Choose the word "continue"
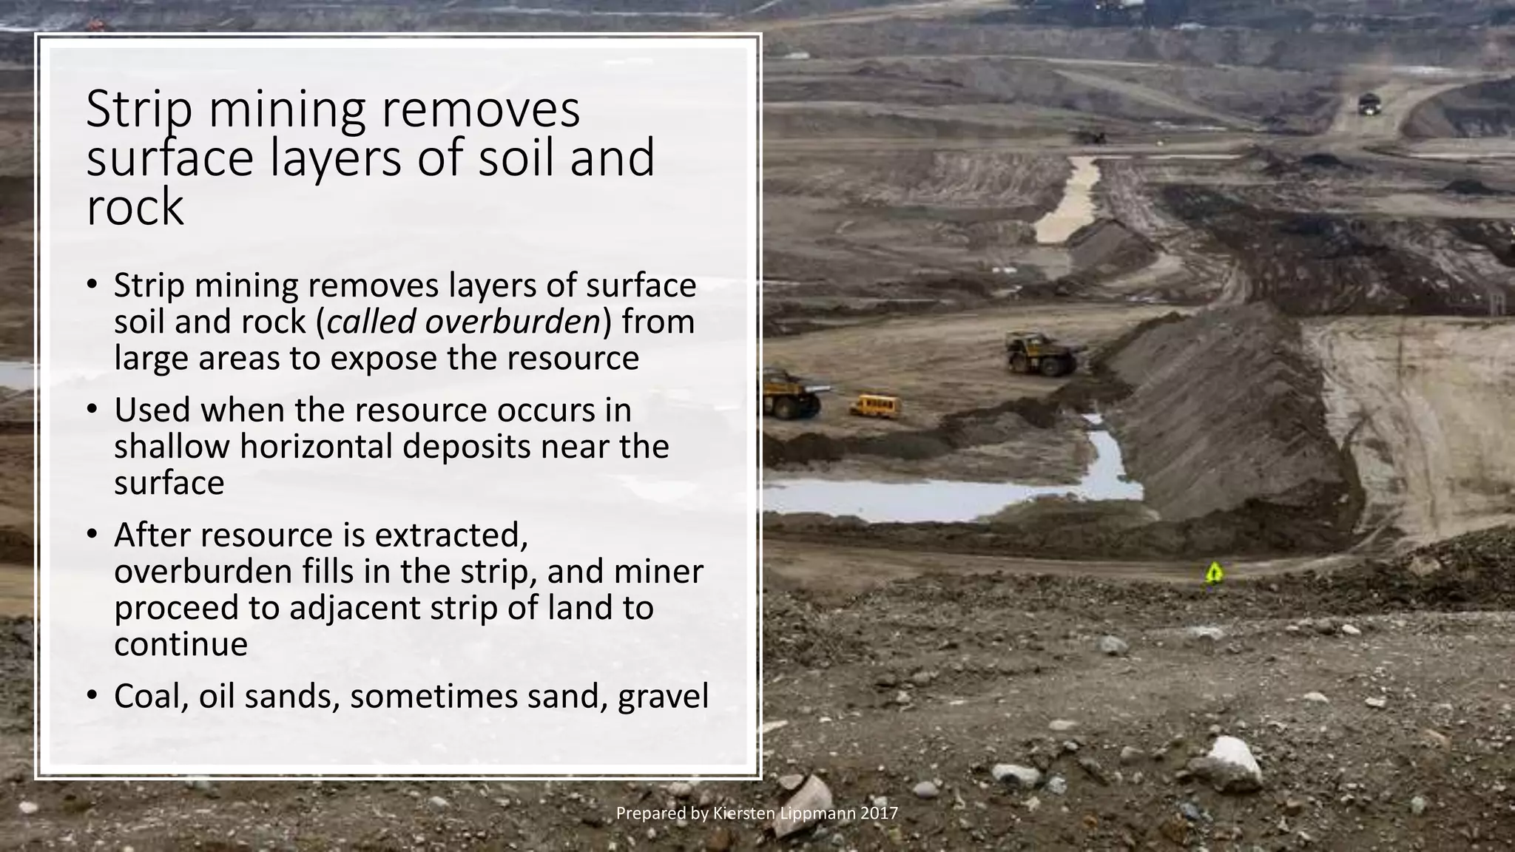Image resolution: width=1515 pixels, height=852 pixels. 180,644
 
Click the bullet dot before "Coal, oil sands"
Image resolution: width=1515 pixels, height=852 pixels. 91,696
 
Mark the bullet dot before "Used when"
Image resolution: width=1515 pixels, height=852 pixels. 91,410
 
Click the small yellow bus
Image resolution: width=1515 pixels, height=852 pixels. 876,405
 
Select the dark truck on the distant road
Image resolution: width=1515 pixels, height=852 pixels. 1370,104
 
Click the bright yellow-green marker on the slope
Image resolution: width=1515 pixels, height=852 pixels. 1213,572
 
